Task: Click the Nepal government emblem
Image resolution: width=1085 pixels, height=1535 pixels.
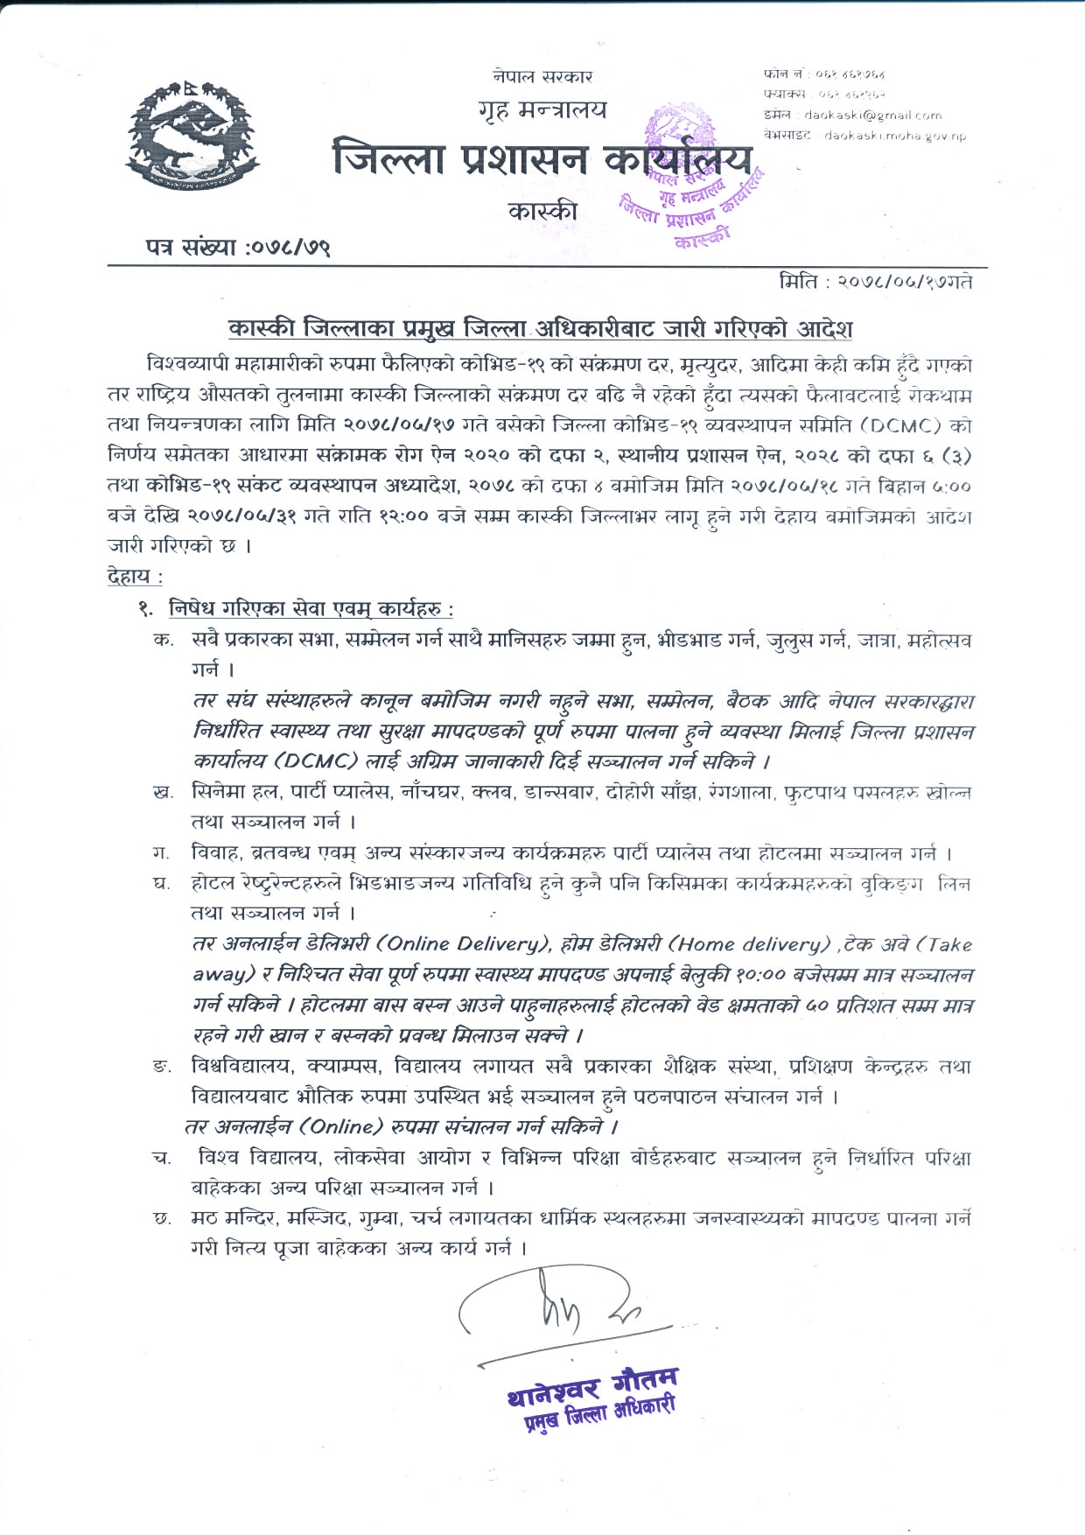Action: (192, 135)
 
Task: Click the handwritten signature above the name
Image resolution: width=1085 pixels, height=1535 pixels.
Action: (560, 1313)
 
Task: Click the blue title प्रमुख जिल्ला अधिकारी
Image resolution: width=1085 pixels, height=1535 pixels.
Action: (599, 1414)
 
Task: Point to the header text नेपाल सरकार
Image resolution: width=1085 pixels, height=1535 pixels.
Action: (542, 77)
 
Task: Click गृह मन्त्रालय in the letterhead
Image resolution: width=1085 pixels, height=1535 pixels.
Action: (542, 110)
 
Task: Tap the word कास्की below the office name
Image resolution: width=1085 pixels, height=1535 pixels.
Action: (542, 211)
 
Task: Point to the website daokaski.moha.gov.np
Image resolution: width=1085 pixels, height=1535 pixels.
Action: (894, 136)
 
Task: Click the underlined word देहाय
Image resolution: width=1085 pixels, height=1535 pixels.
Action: (134, 576)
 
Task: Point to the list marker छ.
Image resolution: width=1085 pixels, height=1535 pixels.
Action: (162, 1218)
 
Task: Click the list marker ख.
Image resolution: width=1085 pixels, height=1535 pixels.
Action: (162, 793)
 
